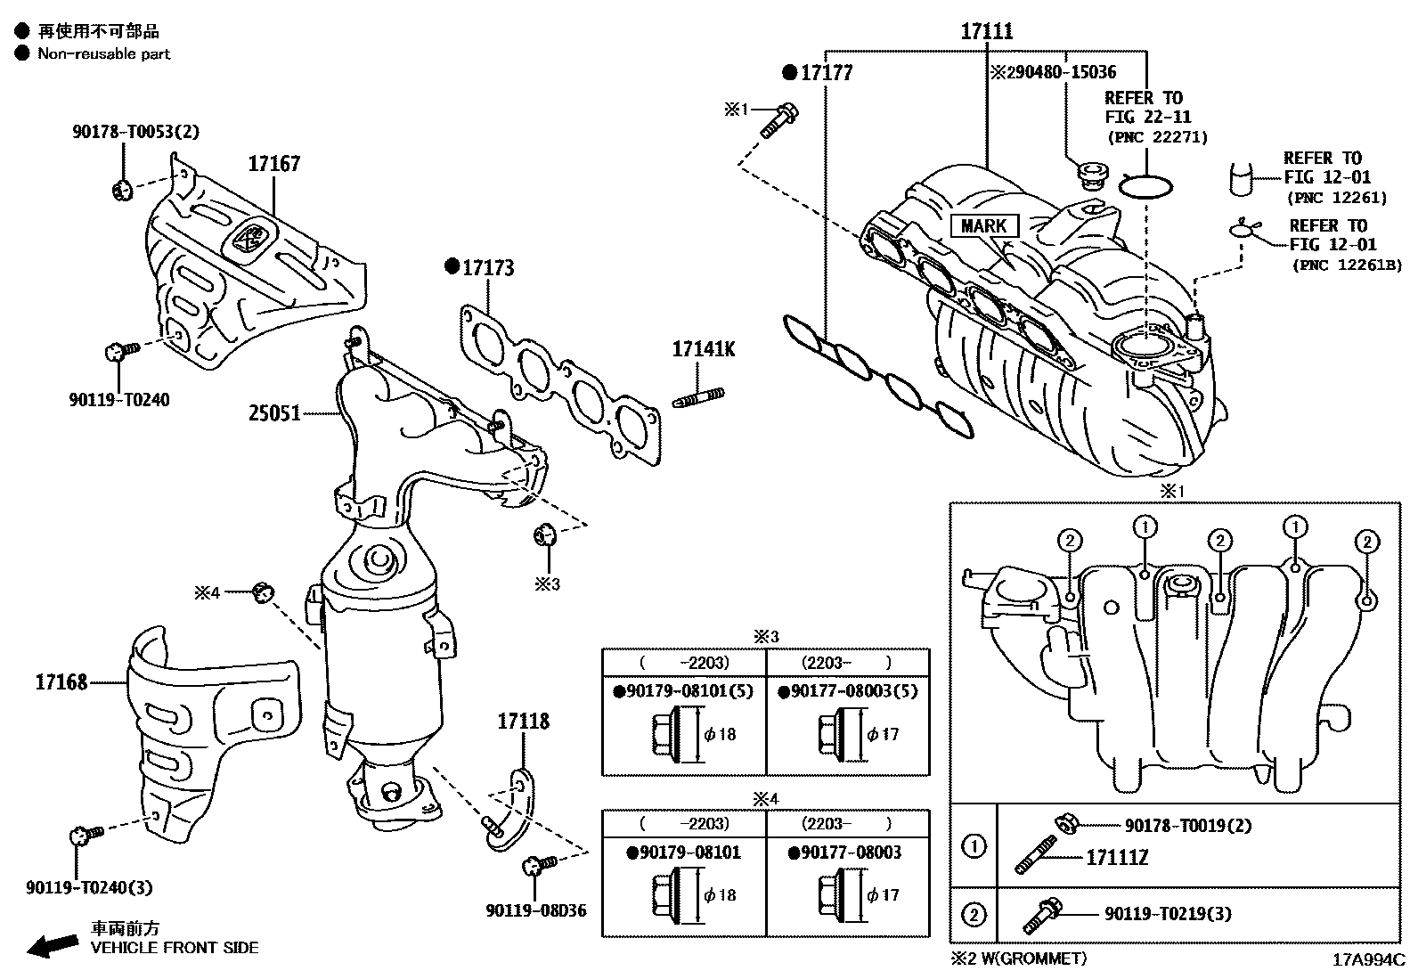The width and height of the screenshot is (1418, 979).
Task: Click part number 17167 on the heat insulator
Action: pyautogui.click(x=273, y=164)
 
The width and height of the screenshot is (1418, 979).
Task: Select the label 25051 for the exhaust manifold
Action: pyautogui.click(x=274, y=413)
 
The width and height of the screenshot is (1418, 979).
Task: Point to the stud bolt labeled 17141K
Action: pyautogui.click(x=703, y=349)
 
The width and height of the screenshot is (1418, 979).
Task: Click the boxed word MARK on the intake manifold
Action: pyautogui.click(x=983, y=226)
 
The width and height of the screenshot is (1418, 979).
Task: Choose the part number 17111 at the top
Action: pyautogui.click(x=987, y=32)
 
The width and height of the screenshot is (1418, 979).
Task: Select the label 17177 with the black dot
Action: pyautogui.click(x=826, y=73)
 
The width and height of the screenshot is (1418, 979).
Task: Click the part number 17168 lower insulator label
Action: pyautogui.click(x=61, y=682)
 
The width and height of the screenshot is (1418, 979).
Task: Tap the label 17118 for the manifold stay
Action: pyautogui.click(x=523, y=722)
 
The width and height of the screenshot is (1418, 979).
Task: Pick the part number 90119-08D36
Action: pyautogui.click(x=536, y=910)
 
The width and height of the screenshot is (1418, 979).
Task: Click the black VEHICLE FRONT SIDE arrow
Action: pyautogui.click(x=52, y=946)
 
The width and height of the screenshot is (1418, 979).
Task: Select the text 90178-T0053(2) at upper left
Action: pyautogui.click(x=135, y=132)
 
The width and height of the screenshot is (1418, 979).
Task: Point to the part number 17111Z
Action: pyautogui.click(x=1117, y=857)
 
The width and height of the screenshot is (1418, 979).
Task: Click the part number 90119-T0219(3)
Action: pyautogui.click(x=1168, y=914)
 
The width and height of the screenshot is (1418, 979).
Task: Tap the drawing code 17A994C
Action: pyautogui.click(x=1368, y=960)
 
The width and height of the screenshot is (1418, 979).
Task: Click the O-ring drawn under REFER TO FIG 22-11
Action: pyautogui.click(x=1145, y=186)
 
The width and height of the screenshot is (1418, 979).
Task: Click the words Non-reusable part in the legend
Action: pyautogui.click(x=103, y=53)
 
